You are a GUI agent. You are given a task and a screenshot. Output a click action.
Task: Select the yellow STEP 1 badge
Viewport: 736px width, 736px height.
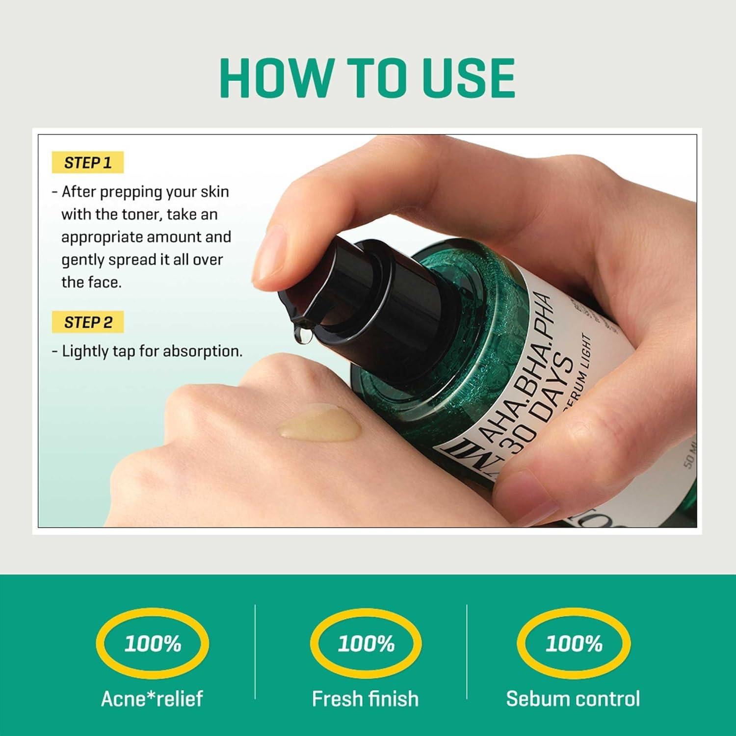[x=88, y=162]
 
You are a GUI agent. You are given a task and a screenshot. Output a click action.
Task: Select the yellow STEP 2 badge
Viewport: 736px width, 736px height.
[x=88, y=322]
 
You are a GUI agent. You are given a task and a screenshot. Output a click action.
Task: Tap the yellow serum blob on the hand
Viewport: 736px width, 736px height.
[x=319, y=423]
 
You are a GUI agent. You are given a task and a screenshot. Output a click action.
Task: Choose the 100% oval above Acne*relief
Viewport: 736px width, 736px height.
[x=153, y=643]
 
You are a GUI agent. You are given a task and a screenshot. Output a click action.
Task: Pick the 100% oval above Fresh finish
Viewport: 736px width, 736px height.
[x=366, y=643]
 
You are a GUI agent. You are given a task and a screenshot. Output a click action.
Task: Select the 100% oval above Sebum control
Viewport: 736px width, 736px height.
[x=574, y=643]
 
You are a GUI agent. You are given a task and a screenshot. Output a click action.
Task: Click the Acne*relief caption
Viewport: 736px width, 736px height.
[x=152, y=699]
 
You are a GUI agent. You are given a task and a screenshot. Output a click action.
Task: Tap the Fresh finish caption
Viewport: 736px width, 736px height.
[x=366, y=699]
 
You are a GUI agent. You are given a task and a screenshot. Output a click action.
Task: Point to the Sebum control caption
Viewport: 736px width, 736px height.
[x=573, y=699]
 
